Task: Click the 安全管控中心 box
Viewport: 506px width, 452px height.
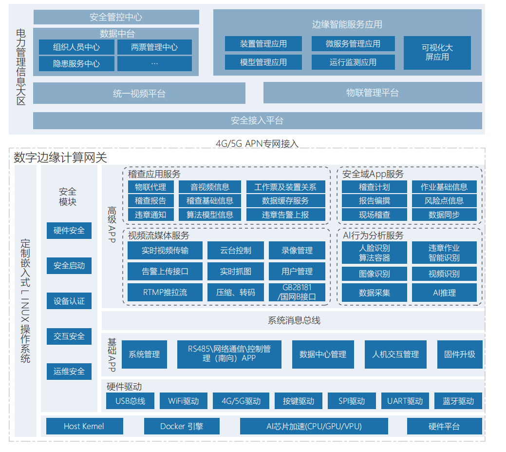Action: pos(116,17)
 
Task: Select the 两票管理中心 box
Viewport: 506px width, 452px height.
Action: pos(154,47)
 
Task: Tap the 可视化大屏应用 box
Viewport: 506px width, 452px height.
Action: pos(437,53)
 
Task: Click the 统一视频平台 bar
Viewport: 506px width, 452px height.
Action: pos(139,93)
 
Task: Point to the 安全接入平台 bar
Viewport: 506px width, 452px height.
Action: pos(257,120)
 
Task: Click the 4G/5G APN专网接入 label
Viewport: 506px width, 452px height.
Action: pos(257,143)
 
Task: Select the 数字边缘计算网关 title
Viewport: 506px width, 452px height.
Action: pos(60,157)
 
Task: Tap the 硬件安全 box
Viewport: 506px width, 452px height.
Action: pos(69,231)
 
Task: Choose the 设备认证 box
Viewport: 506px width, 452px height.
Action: pos(69,301)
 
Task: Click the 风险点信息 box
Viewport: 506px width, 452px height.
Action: pos(444,200)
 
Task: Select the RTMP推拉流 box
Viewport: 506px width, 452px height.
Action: pos(165,293)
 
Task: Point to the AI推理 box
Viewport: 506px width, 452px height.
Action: pos(444,293)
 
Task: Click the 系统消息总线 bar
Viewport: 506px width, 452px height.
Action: pos(294,320)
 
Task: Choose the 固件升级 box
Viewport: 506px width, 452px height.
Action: pos(459,354)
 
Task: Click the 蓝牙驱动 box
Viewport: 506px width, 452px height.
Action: pos(458,401)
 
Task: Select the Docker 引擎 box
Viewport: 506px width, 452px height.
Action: pos(182,426)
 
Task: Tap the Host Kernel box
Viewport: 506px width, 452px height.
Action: pos(84,426)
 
